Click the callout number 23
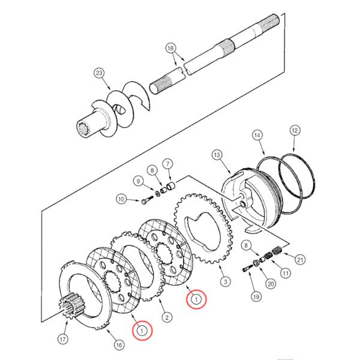click(x=99, y=73)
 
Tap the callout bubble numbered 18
click(x=170, y=49)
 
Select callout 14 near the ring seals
click(x=257, y=135)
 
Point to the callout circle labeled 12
click(x=295, y=130)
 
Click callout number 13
click(x=217, y=155)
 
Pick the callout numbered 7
click(x=167, y=164)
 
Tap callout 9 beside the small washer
click(x=138, y=181)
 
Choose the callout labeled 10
click(x=121, y=199)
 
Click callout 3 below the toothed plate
click(x=225, y=281)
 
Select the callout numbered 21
click(x=300, y=260)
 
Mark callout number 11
click(x=286, y=273)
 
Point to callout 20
click(x=271, y=284)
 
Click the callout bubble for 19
click(x=256, y=297)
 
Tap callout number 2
click(x=167, y=317)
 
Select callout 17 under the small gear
click(x=63, y=339)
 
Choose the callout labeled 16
click(x=119, y=345)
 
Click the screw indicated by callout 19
click(x=248, y=268)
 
